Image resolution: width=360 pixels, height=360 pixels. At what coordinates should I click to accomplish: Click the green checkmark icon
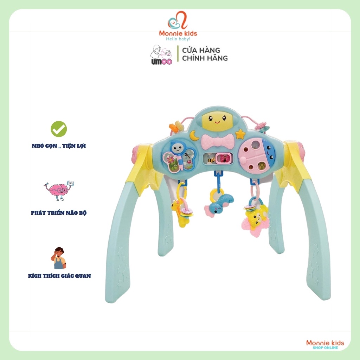[59, 129]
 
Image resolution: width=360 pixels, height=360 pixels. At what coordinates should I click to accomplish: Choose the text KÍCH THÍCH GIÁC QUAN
[59, 276]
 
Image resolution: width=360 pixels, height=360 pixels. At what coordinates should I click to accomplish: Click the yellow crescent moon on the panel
[194, 135]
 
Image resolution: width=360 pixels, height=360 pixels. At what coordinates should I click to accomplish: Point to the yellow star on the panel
[240, 134]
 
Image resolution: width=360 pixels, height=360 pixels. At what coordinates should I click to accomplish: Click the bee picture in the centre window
[211, 160]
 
